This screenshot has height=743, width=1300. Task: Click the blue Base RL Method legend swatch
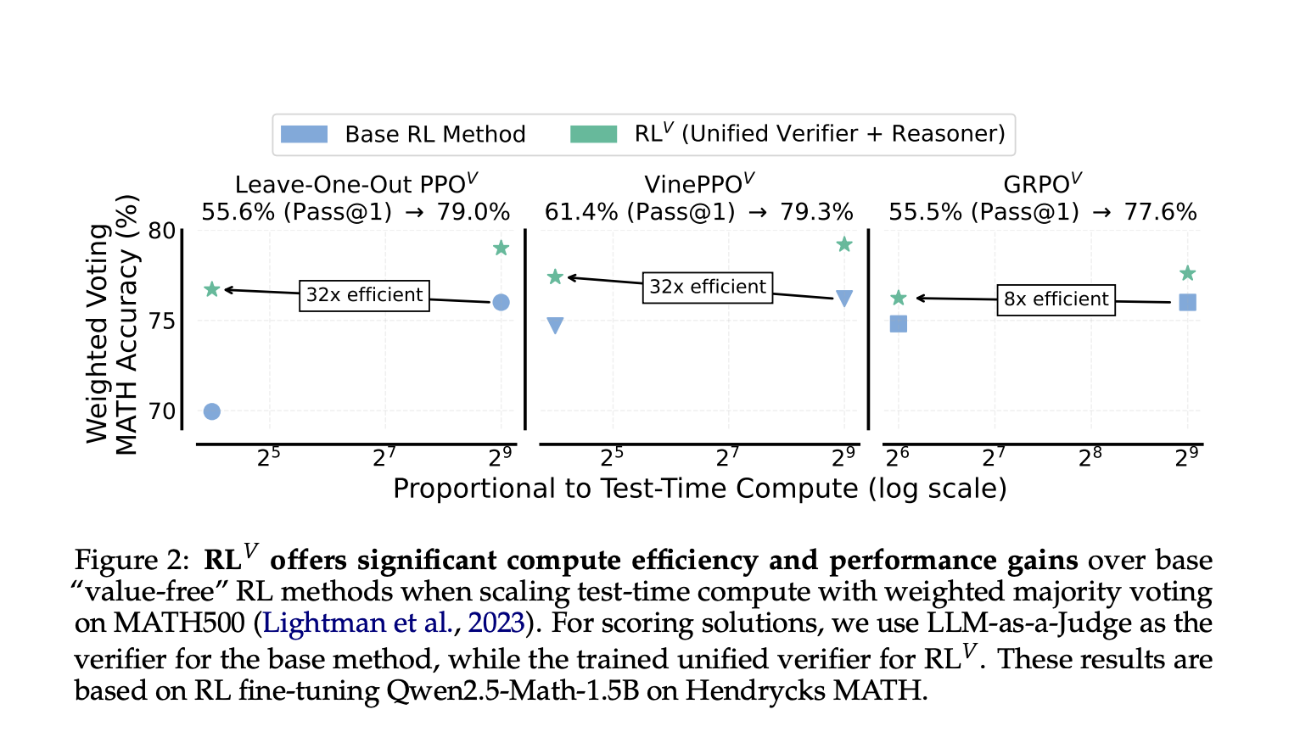click(304, 134)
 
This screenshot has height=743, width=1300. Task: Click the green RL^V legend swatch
click(593, 134)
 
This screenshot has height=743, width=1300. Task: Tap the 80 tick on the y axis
click(162, 231)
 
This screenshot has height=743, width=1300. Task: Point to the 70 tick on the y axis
click(162, 411)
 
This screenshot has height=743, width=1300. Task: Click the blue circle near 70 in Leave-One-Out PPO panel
click(212, 411)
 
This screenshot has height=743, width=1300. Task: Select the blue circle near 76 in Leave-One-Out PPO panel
click(501, 303)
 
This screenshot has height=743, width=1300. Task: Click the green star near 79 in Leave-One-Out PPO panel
click(501, 248)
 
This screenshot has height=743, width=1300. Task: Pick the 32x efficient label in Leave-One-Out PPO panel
click(364, 295)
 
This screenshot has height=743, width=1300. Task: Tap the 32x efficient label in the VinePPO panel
click(707, 287)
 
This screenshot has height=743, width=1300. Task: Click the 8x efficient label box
click(1056, 299)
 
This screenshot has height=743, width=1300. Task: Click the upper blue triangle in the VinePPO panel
click(844, 298)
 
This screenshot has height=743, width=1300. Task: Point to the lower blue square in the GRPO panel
click(899, 324)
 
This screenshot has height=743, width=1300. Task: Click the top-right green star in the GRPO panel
click(1187, 273)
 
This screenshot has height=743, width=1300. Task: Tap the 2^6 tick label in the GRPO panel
click(898, 458)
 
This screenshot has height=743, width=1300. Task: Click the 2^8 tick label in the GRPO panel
click(1090, 458)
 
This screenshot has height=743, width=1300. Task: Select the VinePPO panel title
click(699, 184)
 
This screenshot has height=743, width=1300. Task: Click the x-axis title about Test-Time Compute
click(699, 489)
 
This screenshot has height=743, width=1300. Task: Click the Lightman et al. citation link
click(357, 623)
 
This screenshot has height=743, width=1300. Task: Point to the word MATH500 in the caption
click(179, 623)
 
